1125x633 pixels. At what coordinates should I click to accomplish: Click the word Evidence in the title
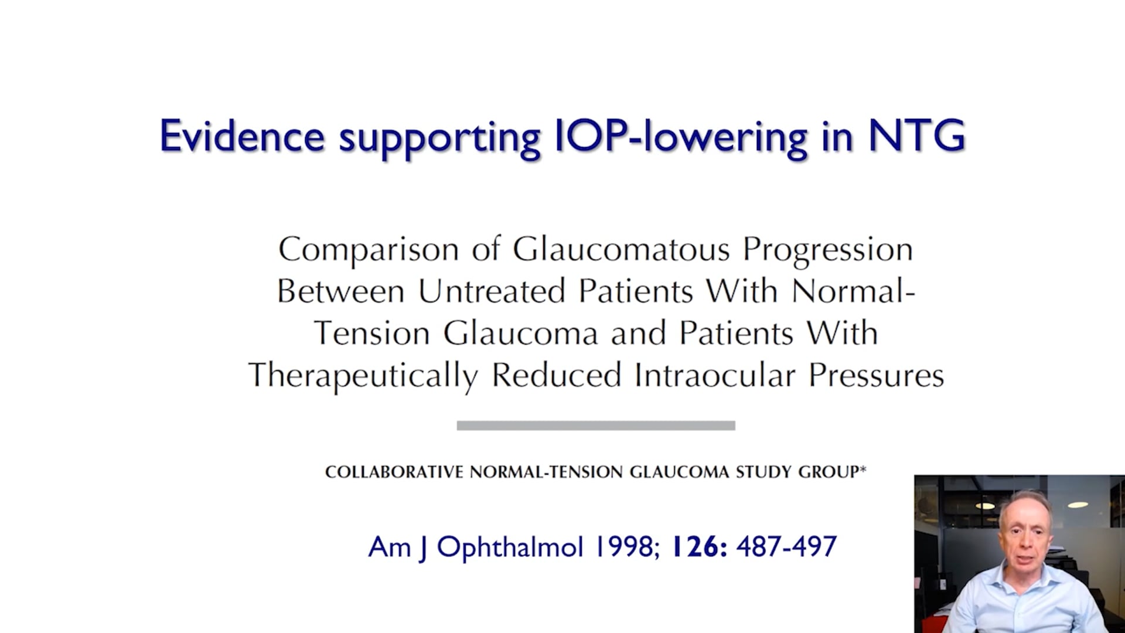(x=242, y=136)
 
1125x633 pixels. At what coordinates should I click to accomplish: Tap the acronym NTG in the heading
(x=916, y=136)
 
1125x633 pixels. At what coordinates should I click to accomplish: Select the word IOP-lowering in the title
(x=681, y=138)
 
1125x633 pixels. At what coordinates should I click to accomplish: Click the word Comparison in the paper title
(x=369, y=249)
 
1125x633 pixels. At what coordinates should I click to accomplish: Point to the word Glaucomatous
(x=621, y=249)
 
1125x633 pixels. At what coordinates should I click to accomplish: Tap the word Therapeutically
(x=363, y=376)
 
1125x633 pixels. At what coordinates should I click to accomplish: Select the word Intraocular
(x=715, y=375)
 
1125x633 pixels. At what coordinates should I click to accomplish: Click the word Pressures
(x=876, y=375)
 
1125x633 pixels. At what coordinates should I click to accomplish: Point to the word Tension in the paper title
(x=371, y=333)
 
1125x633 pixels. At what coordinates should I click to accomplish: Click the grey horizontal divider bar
(x=596, y=426)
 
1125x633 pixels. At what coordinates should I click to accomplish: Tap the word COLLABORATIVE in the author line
(x=394, y=472)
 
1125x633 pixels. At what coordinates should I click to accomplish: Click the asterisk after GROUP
(x=862, y=469)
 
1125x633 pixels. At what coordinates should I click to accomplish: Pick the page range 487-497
(x=786, y=547)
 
